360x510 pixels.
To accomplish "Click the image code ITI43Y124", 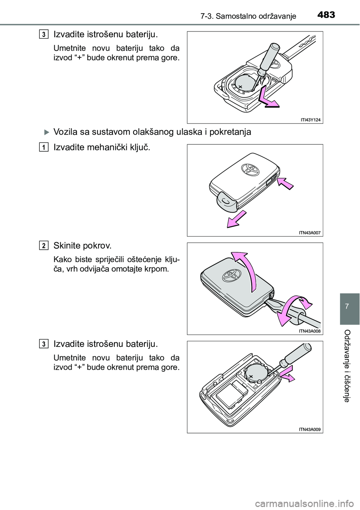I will pos(311,119).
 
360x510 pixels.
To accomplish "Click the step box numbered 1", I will pos(44,148).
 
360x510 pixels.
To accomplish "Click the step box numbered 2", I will pos(44,246).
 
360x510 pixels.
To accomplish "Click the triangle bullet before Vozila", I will pos(46,132).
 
